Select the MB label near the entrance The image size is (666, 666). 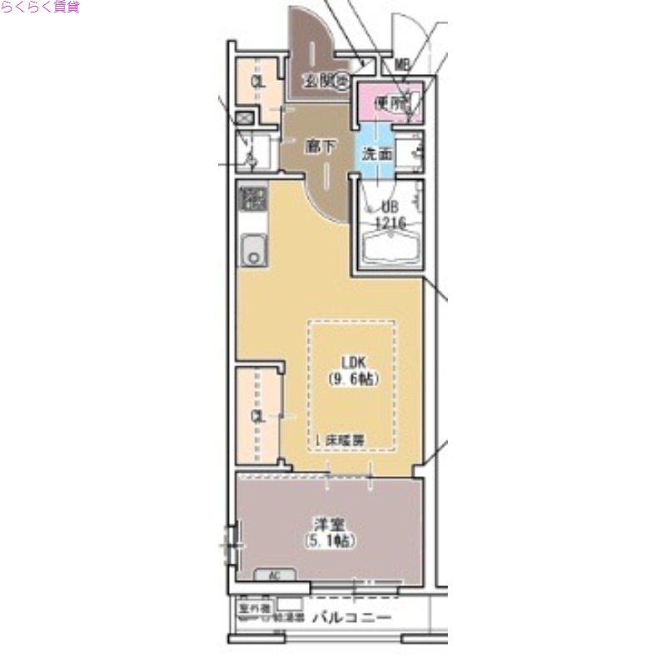click(x=402, y=64)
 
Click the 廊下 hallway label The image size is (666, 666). click(x=321, y=147)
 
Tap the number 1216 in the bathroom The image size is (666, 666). click(x=390, y=223)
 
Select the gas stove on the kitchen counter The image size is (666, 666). click(x=252, y=200)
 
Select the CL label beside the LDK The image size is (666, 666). click(x=259, y=415)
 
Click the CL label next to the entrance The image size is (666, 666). click(x=259, y=82)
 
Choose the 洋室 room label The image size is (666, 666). click(x=329, y=524)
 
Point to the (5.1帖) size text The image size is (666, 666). click(x=329, y=541)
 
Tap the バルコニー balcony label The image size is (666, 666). click(x=351, y=619)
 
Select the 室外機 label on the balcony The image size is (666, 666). click(x=251, y=609)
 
